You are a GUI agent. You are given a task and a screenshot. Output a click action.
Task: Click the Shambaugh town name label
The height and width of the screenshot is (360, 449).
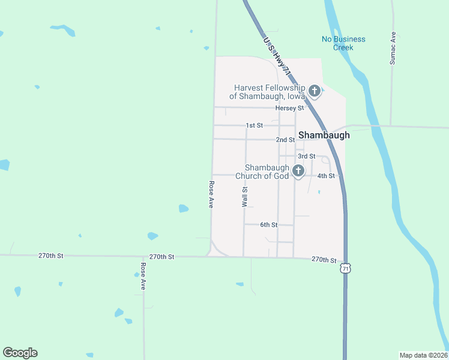[x=324, y=135]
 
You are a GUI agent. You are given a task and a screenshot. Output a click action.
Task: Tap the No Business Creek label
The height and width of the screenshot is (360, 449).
[x=343, y=43]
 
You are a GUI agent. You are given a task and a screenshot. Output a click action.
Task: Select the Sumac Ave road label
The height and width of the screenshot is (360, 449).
[x=393, y=48]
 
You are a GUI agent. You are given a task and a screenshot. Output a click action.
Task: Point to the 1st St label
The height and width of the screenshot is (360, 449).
[x=255, y=125]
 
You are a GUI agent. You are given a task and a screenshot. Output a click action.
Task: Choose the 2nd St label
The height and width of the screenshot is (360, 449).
[x=285, y=140]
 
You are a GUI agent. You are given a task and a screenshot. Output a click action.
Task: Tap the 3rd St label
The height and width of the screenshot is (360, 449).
[x=307, y=156]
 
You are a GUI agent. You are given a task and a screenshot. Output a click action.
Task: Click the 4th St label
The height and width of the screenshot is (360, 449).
[x=325, y=176]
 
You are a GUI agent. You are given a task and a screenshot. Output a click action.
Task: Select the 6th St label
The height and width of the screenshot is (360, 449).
[x=268, y=225]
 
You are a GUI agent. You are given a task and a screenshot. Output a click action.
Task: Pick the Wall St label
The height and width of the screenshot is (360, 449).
[x=245, y=196]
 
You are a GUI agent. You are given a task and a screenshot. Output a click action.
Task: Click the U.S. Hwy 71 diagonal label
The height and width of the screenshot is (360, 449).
[x=277, y=56]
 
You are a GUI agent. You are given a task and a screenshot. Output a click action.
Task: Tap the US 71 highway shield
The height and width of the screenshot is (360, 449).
[x=345, y=269]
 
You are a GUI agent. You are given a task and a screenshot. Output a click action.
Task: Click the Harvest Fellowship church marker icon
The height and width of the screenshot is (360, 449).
[x=315, y=92]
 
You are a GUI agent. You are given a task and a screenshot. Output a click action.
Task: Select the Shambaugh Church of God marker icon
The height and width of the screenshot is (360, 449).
[x=298, y=172]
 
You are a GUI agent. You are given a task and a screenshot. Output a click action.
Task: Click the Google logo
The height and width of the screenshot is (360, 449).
[x=20, y=353]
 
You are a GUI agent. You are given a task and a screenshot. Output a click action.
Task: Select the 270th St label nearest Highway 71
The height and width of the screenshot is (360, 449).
[x=324, y=259]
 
